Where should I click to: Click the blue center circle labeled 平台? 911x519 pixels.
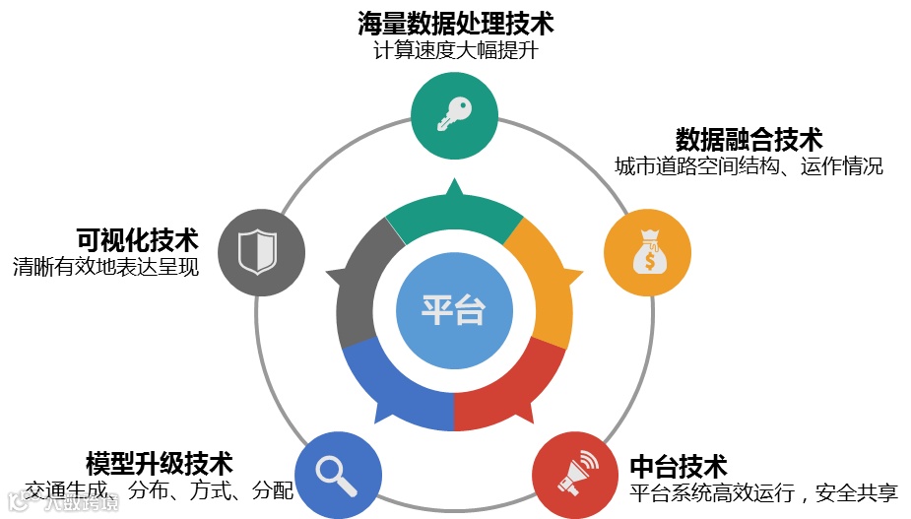click(454, 309)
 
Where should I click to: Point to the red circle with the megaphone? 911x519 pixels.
click(575, 476)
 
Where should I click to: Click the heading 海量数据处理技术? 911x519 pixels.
click(455, 22)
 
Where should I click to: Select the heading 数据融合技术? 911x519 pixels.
click(748, 138)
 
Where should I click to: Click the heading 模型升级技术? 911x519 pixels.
click(159, 462)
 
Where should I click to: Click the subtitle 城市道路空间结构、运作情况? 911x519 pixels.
click(748, 165)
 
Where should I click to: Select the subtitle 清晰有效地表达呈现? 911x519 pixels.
click(105, 267)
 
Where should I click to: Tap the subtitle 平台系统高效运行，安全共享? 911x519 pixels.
click(763, 490)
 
